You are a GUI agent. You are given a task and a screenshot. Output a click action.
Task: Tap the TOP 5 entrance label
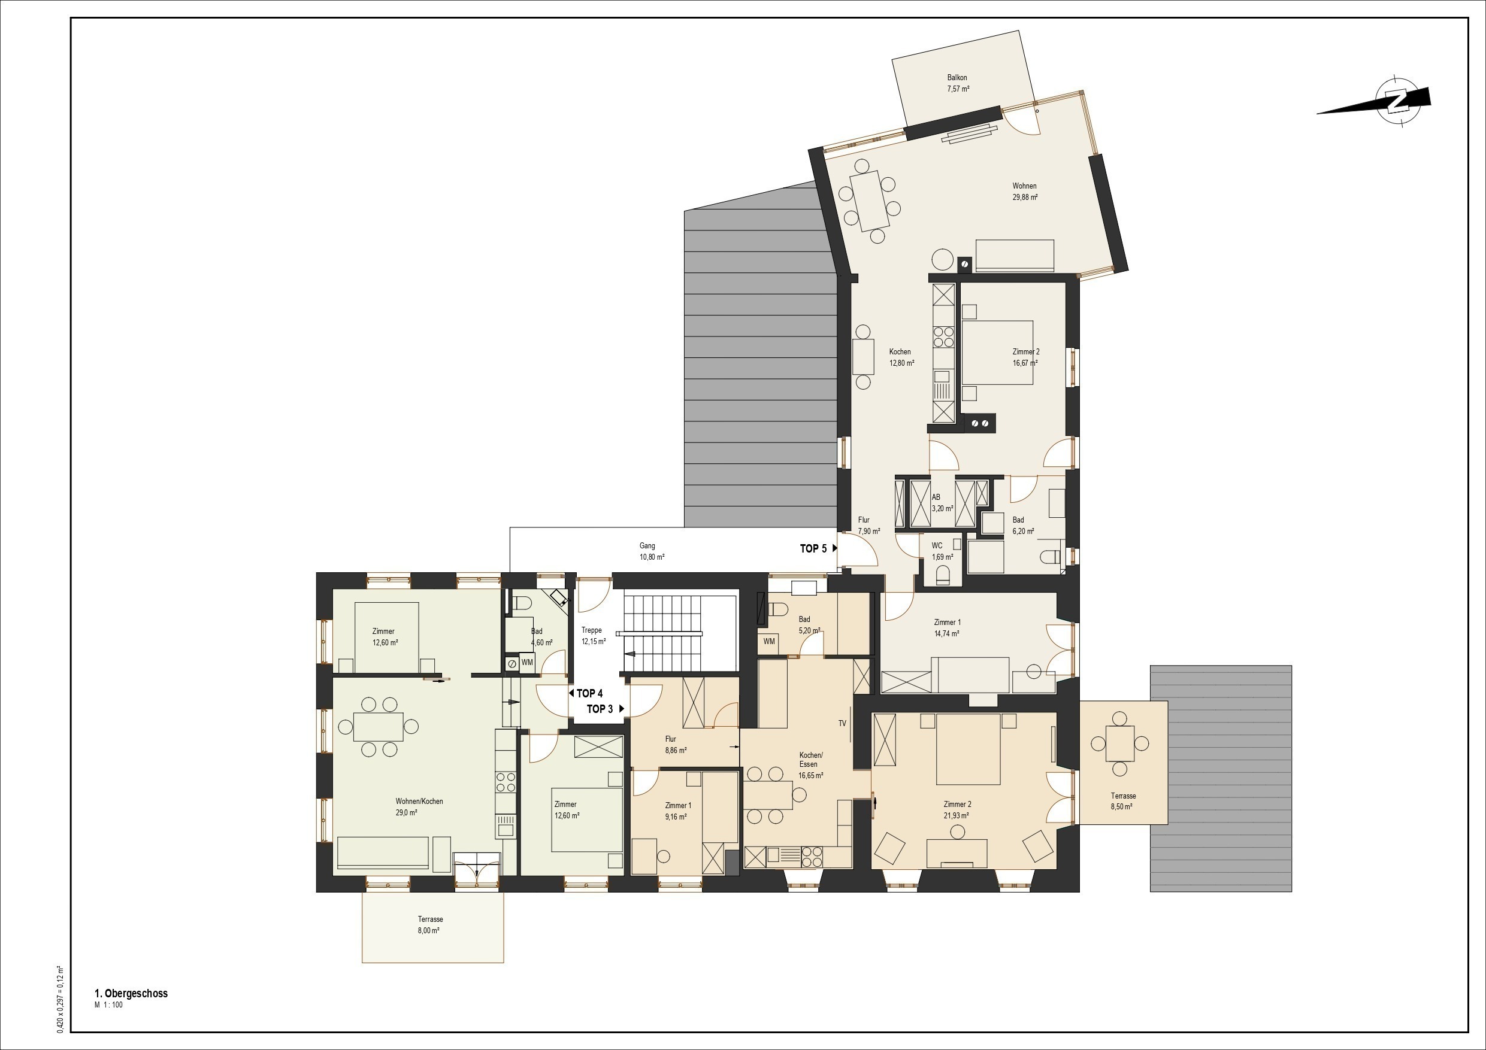(813, 548)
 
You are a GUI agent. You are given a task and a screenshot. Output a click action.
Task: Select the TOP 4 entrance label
(589, 693)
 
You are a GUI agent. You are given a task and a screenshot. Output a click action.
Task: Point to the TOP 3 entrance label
(600, 709)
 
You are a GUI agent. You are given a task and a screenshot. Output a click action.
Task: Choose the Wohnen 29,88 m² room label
(1025, 192)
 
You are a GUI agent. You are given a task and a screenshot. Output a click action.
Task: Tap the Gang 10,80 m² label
(651, 551)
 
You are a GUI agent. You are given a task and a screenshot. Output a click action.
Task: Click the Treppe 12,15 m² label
(592, 636)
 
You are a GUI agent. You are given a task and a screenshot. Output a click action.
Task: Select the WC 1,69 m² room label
(942, 551)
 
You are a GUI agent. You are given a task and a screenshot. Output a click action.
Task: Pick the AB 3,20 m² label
(942, 503)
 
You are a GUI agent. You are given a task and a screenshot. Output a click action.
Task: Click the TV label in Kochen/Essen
(842, 723)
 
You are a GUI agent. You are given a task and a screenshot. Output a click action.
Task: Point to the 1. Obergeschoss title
(131, 994)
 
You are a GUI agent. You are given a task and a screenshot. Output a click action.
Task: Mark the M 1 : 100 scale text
(108, 1005)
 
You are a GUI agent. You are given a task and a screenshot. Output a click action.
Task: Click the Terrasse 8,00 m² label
(431, 925)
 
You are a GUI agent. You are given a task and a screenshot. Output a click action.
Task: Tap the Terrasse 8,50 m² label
(1123, 802)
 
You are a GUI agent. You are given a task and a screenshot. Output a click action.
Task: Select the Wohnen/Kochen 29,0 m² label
(419, 807)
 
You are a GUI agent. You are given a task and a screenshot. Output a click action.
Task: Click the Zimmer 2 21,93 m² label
(957, 810)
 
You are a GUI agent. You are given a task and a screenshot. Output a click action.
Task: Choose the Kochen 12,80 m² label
(901, 358)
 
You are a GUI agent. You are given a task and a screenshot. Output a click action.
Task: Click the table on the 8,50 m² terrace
(1119, 744)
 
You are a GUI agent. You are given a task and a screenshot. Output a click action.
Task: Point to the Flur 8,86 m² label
(675, 745)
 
